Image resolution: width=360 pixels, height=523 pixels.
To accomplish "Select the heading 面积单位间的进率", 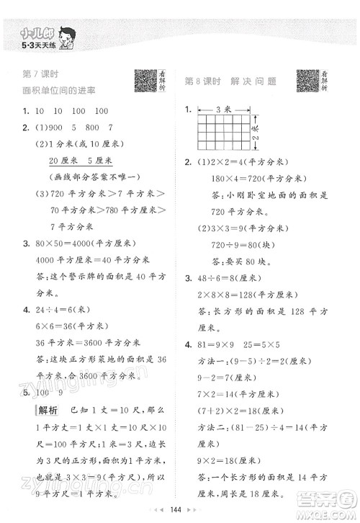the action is [59, 90].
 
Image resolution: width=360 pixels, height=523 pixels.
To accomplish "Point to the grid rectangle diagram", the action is [225, 135].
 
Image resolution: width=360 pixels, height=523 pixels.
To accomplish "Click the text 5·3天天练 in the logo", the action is [28, 40].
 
